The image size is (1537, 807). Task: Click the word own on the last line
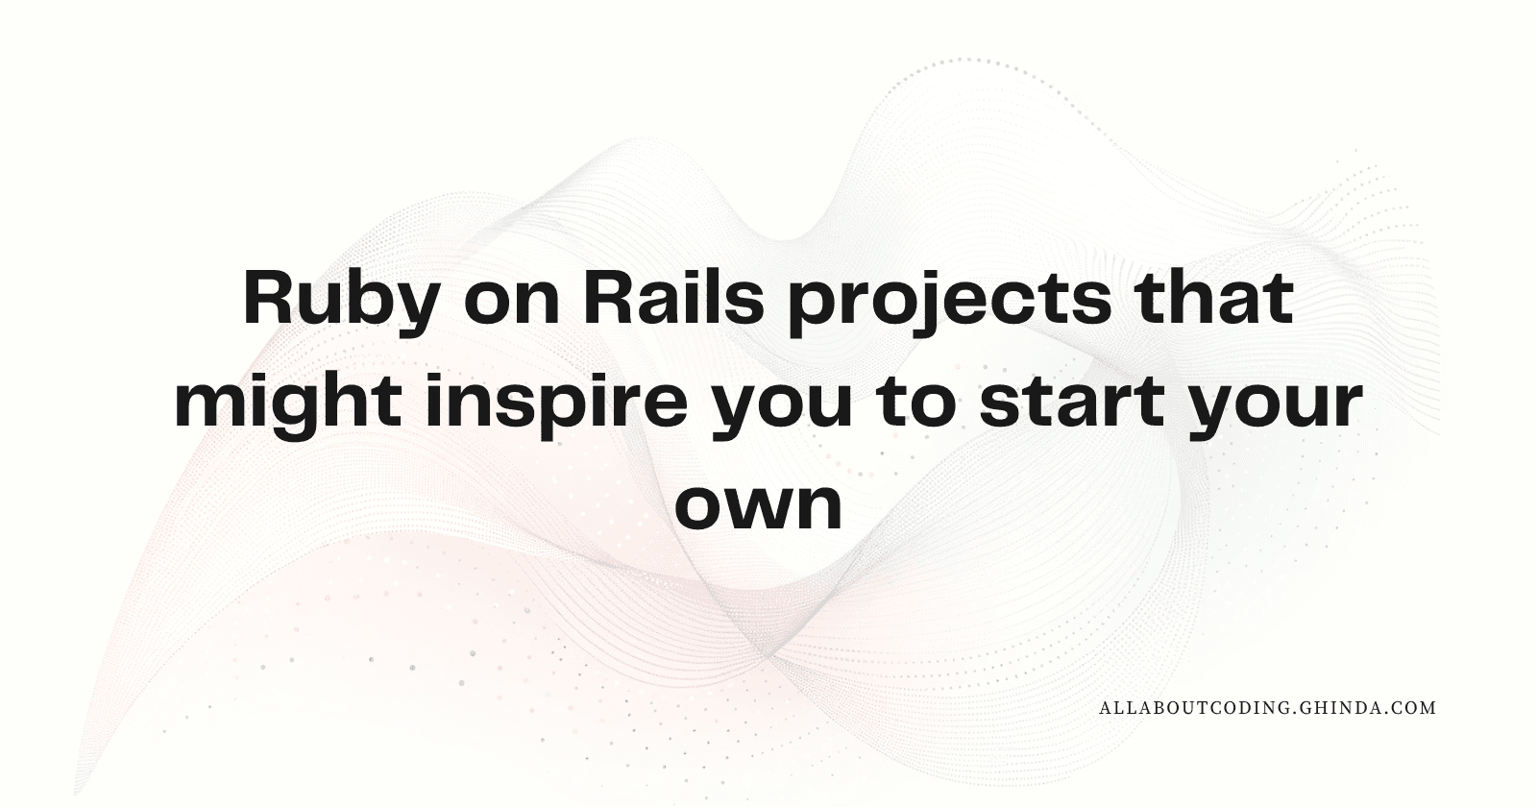point(758,507)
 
